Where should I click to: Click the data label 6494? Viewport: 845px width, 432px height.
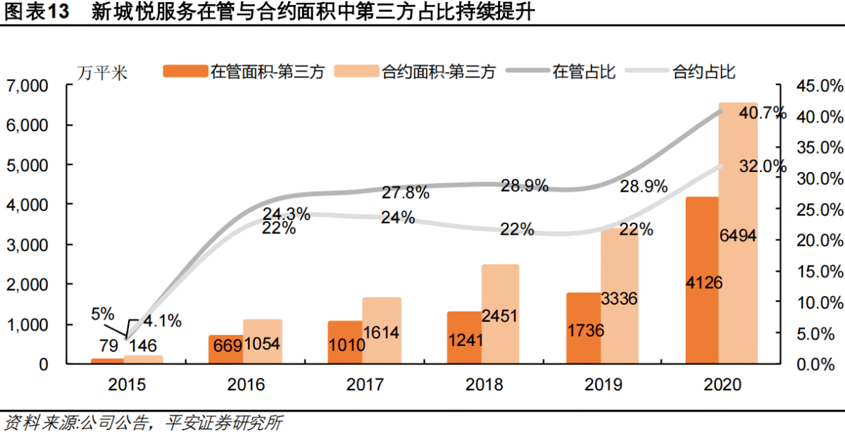click(x=737, y=236)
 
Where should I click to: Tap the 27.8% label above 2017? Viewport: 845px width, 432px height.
click(x=406, y=192)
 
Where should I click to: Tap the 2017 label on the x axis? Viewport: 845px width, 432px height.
click(x=365, y=385)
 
